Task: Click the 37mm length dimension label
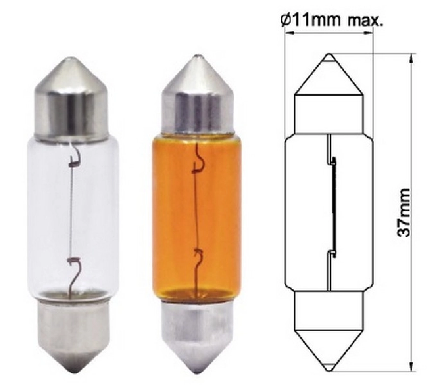[403, 213]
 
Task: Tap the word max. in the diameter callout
[366, 21]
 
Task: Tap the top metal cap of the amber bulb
[197, 96]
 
